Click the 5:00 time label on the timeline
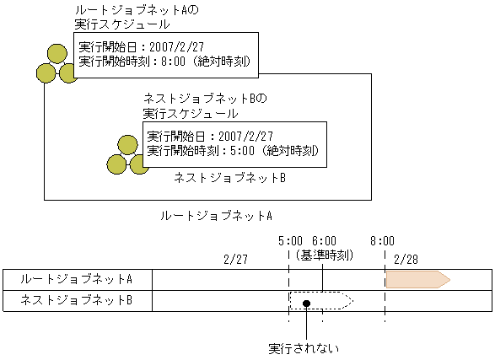pyautogui.click(x=289, y=239)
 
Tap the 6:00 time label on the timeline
pyautogui.click(x=324, y=239)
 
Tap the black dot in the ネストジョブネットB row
pyautogui.click(x=307, y=302)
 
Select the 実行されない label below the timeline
pyautogui.click(x=303, y=347)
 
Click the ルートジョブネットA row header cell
pyautogui.click(x=78, y=279)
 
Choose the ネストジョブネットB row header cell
pyautogui.click(x=78, y=300)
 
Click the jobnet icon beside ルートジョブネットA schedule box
pyautogui.click(x=57, y=63)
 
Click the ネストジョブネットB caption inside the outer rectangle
pyautogui.click(x=229, y=179)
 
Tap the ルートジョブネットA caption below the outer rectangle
pyautogui.click(x=216, y=215)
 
